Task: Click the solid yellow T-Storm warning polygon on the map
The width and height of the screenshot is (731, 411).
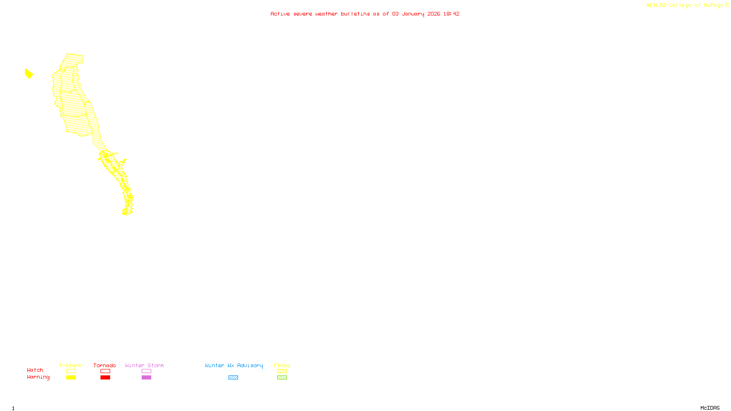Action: [29, 74]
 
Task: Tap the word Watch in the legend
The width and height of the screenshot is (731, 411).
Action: [35, 370]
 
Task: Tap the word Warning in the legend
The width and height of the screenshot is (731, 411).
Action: [38, 377]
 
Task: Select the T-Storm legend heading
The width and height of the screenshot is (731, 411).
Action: [70, 365]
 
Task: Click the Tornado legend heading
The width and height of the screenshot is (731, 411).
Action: [105, 365]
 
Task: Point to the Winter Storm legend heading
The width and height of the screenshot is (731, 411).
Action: [144, 365]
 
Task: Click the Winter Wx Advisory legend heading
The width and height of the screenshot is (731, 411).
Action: [234, 365]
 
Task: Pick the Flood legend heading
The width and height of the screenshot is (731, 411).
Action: [282, 365]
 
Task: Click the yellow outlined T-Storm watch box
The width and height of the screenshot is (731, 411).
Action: [71, 371]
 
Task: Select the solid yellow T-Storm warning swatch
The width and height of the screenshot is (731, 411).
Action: [71, 378]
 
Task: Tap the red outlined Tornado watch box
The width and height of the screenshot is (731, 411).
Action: [105, 371]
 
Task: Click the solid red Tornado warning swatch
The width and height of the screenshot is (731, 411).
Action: [105, 378]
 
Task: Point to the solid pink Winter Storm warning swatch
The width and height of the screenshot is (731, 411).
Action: [146, 378]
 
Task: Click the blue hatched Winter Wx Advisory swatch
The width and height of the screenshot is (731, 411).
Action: [233, 378]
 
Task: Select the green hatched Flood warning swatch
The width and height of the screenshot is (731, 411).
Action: [282, 378]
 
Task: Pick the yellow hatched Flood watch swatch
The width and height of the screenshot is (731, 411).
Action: [282, 371]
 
